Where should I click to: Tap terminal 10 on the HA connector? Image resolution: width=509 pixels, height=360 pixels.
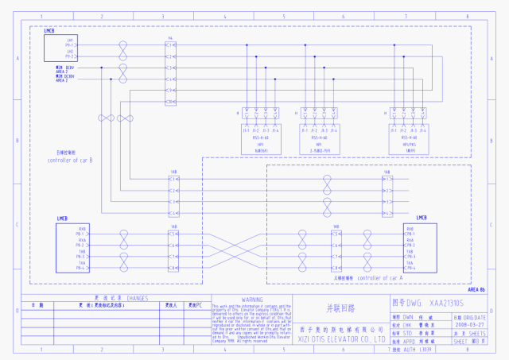170,103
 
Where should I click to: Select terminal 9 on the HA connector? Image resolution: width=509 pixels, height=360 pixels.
170,91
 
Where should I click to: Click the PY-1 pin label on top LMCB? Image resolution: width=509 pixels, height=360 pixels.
69,45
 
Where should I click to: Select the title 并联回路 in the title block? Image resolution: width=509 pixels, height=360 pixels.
339,306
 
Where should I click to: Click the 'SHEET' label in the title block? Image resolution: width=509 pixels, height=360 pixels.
461,340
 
